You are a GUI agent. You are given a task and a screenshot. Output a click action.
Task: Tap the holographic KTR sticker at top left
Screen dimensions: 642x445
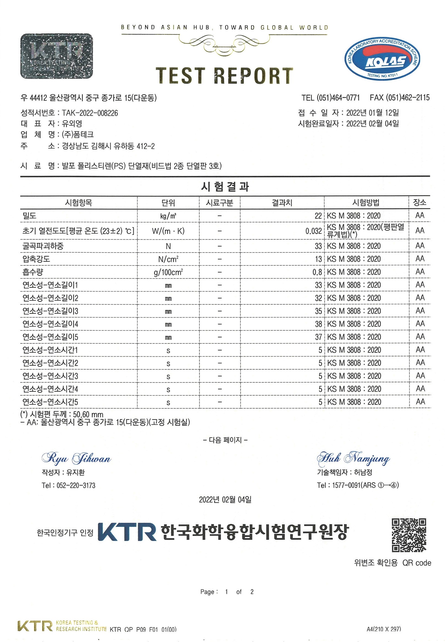[57, 56]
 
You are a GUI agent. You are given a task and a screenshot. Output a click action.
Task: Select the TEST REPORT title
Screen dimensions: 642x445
[225, 76]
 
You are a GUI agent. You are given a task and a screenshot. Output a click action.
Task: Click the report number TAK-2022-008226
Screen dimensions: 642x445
[90, 113]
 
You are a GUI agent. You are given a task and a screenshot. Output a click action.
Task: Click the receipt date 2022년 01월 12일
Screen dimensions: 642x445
[372, 113]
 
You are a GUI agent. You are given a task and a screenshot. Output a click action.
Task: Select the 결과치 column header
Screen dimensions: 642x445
[282, 202]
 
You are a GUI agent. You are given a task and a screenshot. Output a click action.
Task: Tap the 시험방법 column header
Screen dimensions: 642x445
[366, 202]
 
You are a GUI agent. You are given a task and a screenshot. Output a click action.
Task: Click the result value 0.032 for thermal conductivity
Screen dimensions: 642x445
[313, 231]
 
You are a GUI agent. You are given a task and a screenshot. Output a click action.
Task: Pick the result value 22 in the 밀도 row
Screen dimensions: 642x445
[318, 216]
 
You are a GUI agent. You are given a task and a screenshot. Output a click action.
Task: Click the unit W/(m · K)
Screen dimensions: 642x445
[168, 231]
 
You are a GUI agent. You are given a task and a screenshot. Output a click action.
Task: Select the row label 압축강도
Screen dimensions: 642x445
[36, 259]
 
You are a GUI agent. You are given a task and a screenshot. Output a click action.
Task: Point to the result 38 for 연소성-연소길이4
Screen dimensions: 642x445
[318, 324]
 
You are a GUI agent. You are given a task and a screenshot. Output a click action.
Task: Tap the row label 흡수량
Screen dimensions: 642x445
[33, 272]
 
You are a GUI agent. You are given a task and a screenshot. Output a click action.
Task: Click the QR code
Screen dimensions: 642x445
[409, 535]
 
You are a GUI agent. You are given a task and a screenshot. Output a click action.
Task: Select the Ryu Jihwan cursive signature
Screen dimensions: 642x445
[76, 458]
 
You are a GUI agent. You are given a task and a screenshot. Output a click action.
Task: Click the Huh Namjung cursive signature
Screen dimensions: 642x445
[353, 458]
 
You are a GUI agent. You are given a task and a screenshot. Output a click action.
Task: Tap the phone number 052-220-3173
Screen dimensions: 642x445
[76, 485]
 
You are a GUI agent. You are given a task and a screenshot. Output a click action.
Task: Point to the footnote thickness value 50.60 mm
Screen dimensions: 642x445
[88, 414]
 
